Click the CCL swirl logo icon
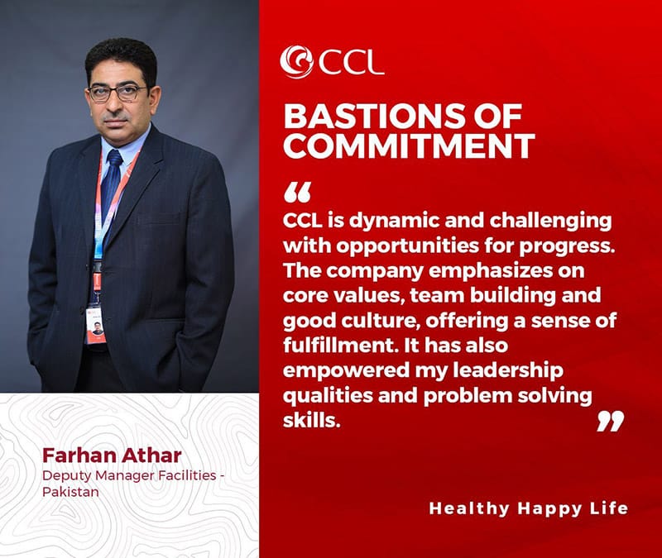pos(296,61)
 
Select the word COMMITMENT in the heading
pos(409,145)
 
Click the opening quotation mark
pos(298,192)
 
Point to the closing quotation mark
pos(611,422)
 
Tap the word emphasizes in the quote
pos(491,271)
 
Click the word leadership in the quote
pos(508,370)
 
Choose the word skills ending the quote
pos(312,421)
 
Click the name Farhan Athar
pos(112,455)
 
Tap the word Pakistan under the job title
pos(70,492)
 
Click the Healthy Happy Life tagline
pos(529,508)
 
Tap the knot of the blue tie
pos(114,158)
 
